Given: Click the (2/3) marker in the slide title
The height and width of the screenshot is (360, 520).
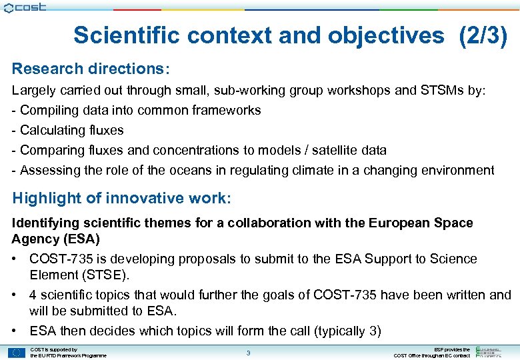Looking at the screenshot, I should click(483, 35).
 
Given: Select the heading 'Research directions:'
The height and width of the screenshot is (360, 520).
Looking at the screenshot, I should click(91, 69).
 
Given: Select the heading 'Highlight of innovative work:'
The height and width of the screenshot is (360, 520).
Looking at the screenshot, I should click(121, 198).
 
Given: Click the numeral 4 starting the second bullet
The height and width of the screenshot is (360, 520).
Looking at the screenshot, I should click(33, 295).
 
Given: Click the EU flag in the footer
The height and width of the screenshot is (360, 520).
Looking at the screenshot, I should click(17, 353).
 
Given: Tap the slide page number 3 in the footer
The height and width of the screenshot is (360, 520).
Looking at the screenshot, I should click(248, 353).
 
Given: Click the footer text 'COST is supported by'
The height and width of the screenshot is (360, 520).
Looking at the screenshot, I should click(54, 349).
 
